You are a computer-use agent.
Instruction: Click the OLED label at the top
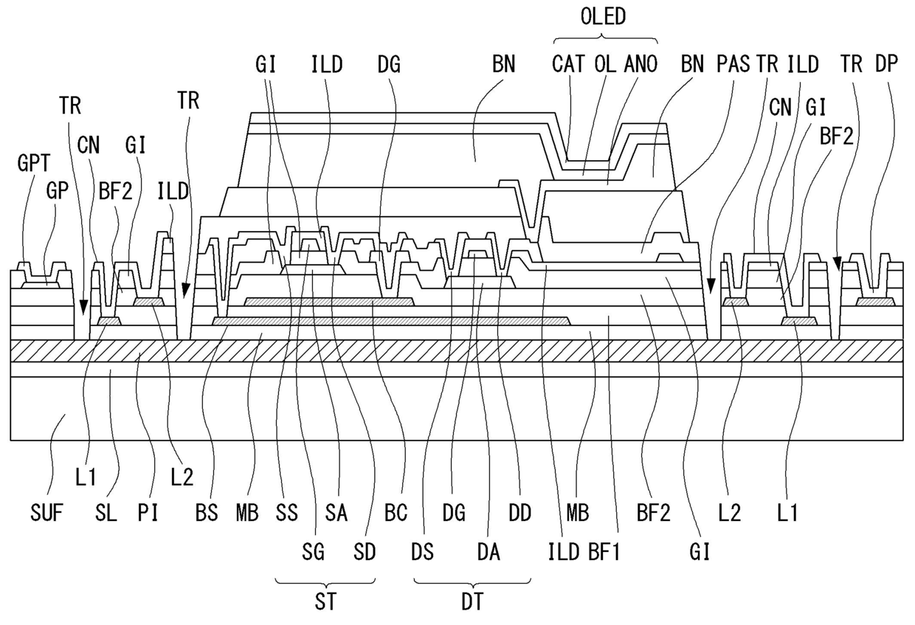(x=603, y=17)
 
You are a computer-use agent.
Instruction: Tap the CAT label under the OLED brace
(x=568, y=64)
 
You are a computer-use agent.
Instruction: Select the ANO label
(x=640, y=64)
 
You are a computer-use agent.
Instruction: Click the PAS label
(x=733, y=64)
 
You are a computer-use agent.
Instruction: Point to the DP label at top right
(x=886, y=63)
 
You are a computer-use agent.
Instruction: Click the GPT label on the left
(x=34, y=163)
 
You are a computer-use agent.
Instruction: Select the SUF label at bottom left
(x=46, y=513)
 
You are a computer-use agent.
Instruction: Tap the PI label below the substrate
(x=148, y=513)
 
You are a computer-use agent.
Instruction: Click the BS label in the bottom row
(x=207, y=513)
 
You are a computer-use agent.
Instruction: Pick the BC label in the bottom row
(x=396, y=513)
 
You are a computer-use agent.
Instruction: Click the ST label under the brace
(x=325, y=601)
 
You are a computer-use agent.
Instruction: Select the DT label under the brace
(x=472, y=601)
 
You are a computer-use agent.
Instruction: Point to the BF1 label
(x=604, y=553)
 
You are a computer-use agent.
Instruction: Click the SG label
(x=314, y=553)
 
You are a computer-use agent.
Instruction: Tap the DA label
(x=488, y=553)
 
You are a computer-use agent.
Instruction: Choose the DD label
(x=520, y=513)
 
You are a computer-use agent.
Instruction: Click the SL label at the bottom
(x=106, y=513)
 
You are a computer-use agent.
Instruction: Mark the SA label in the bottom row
(x=336, y=513)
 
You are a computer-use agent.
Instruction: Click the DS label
(x=422, y=553)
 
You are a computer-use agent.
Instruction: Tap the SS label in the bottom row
(x=287, y=513)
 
